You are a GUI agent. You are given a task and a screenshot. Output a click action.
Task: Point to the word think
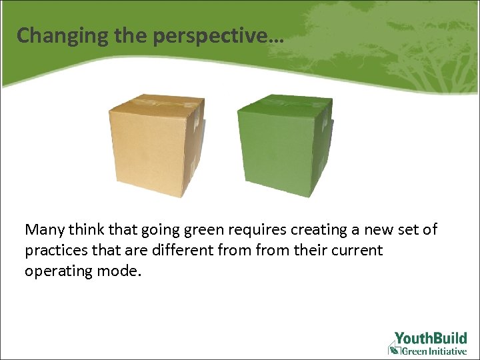click(85, 230)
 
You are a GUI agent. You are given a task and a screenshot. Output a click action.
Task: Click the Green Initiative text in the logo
click(434, 350)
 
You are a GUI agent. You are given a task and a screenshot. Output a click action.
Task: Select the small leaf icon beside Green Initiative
click(394, 349)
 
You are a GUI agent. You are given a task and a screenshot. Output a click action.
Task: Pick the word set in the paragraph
click(409, 230)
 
